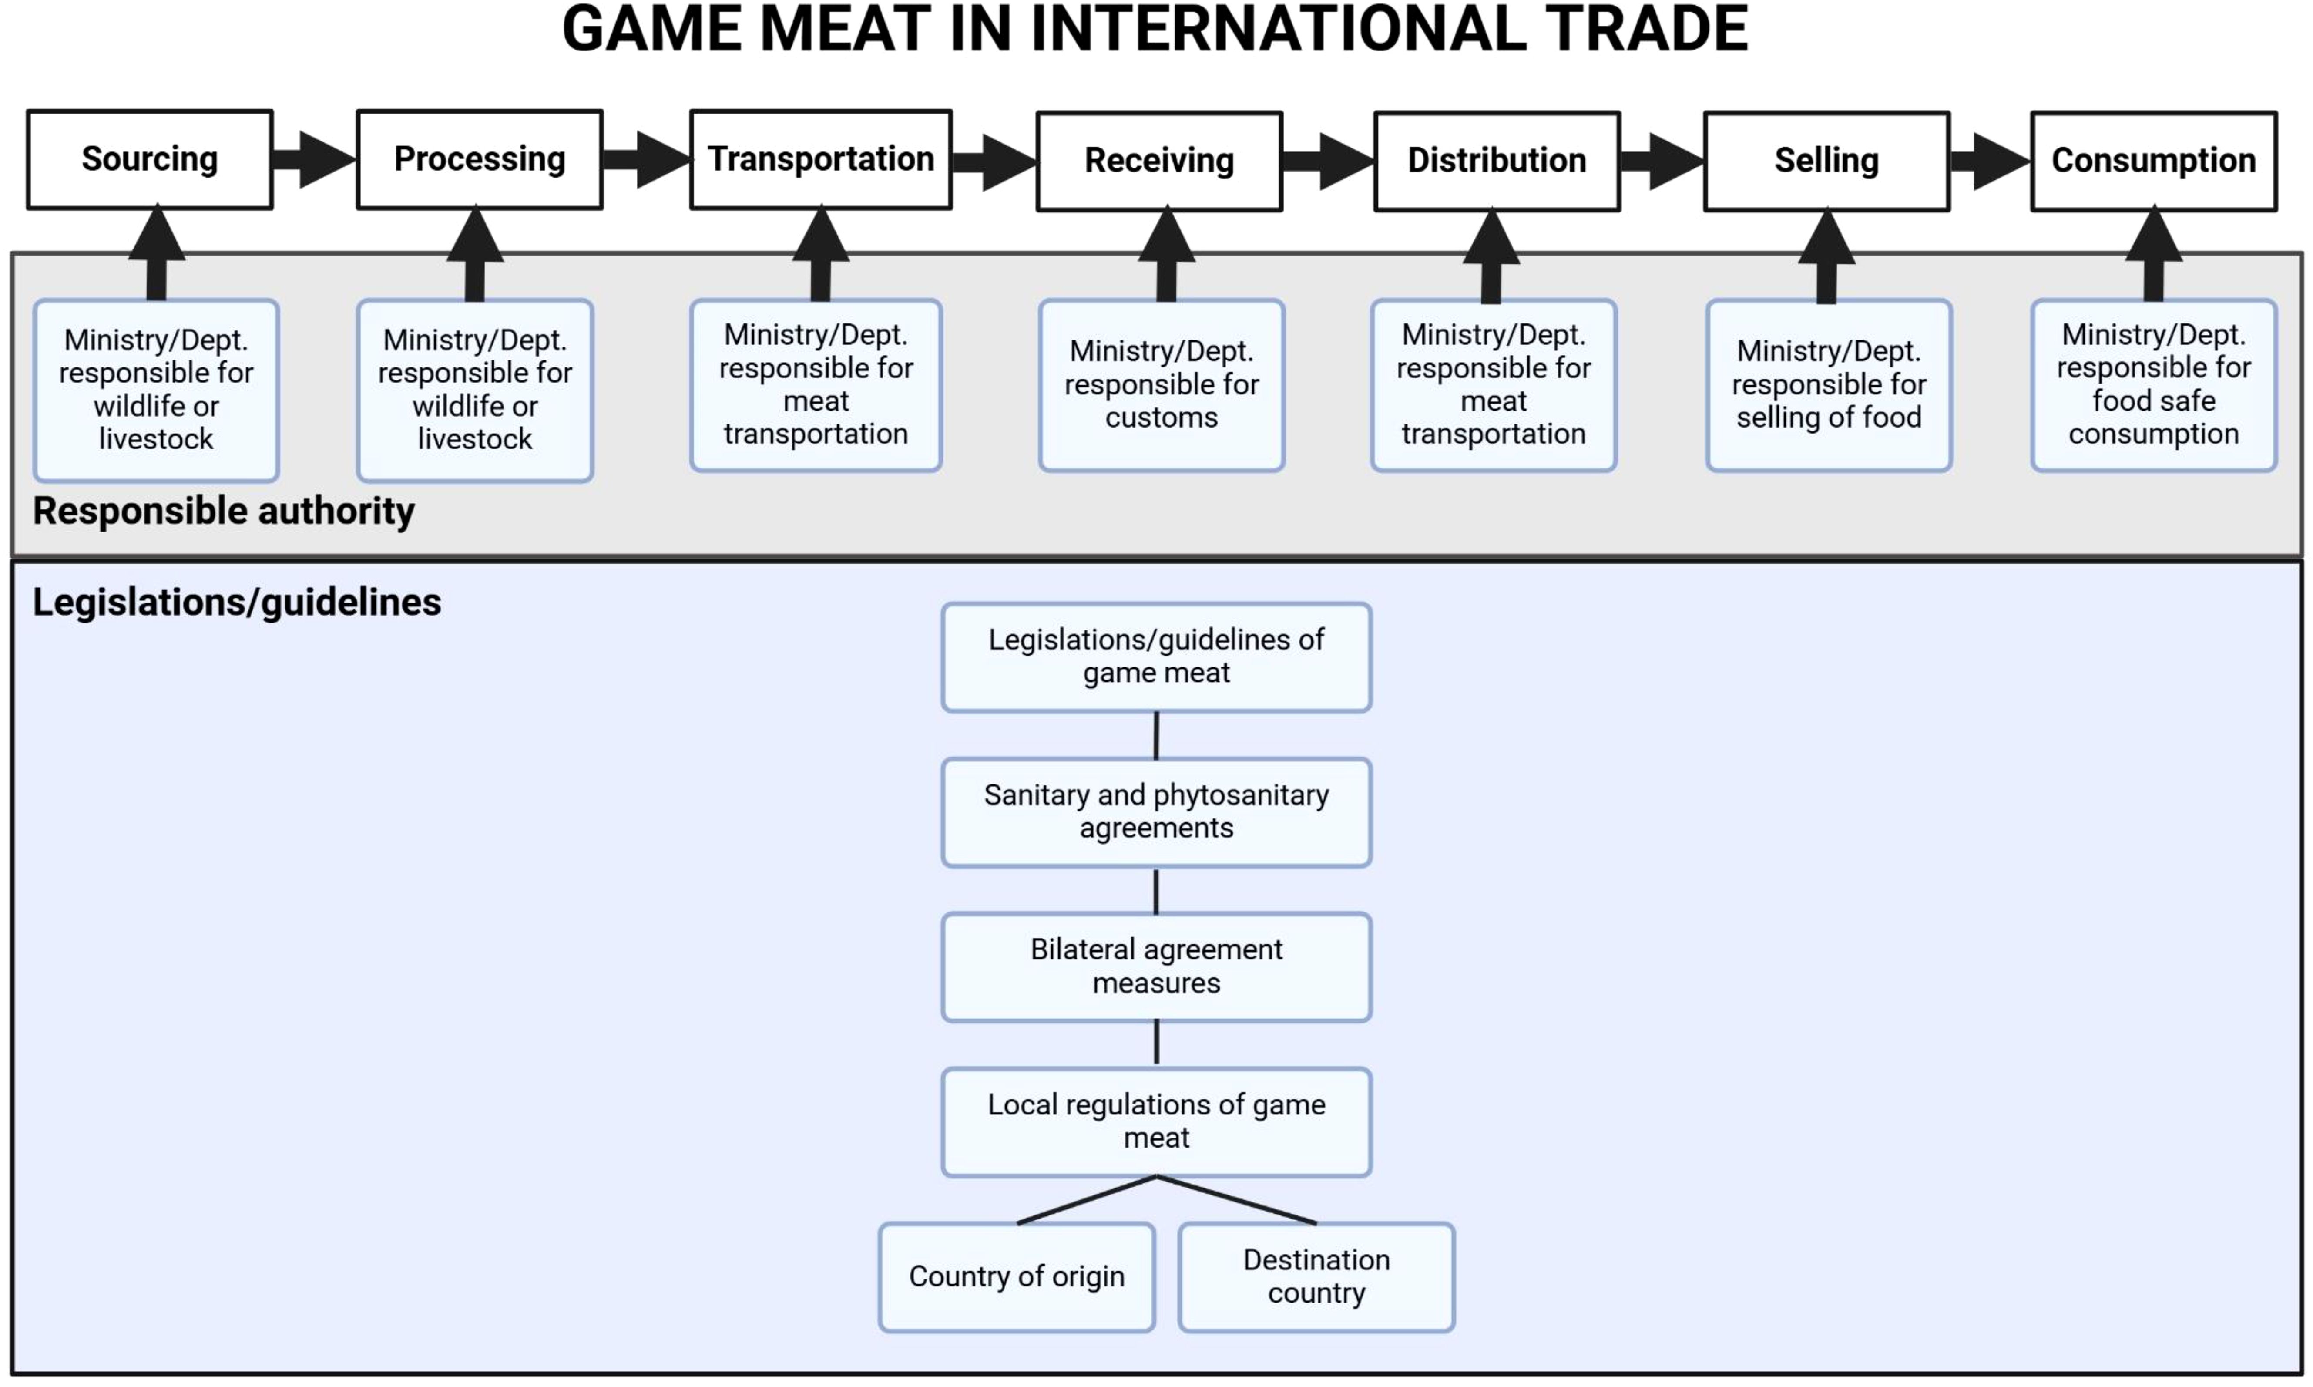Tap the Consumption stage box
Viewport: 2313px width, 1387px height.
click(2153, 161)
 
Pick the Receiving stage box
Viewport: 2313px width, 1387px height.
click(1158, 161)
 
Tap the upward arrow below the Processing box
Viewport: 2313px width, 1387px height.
click(474, 252)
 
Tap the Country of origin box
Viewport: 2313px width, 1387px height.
click(1017, 1277)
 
